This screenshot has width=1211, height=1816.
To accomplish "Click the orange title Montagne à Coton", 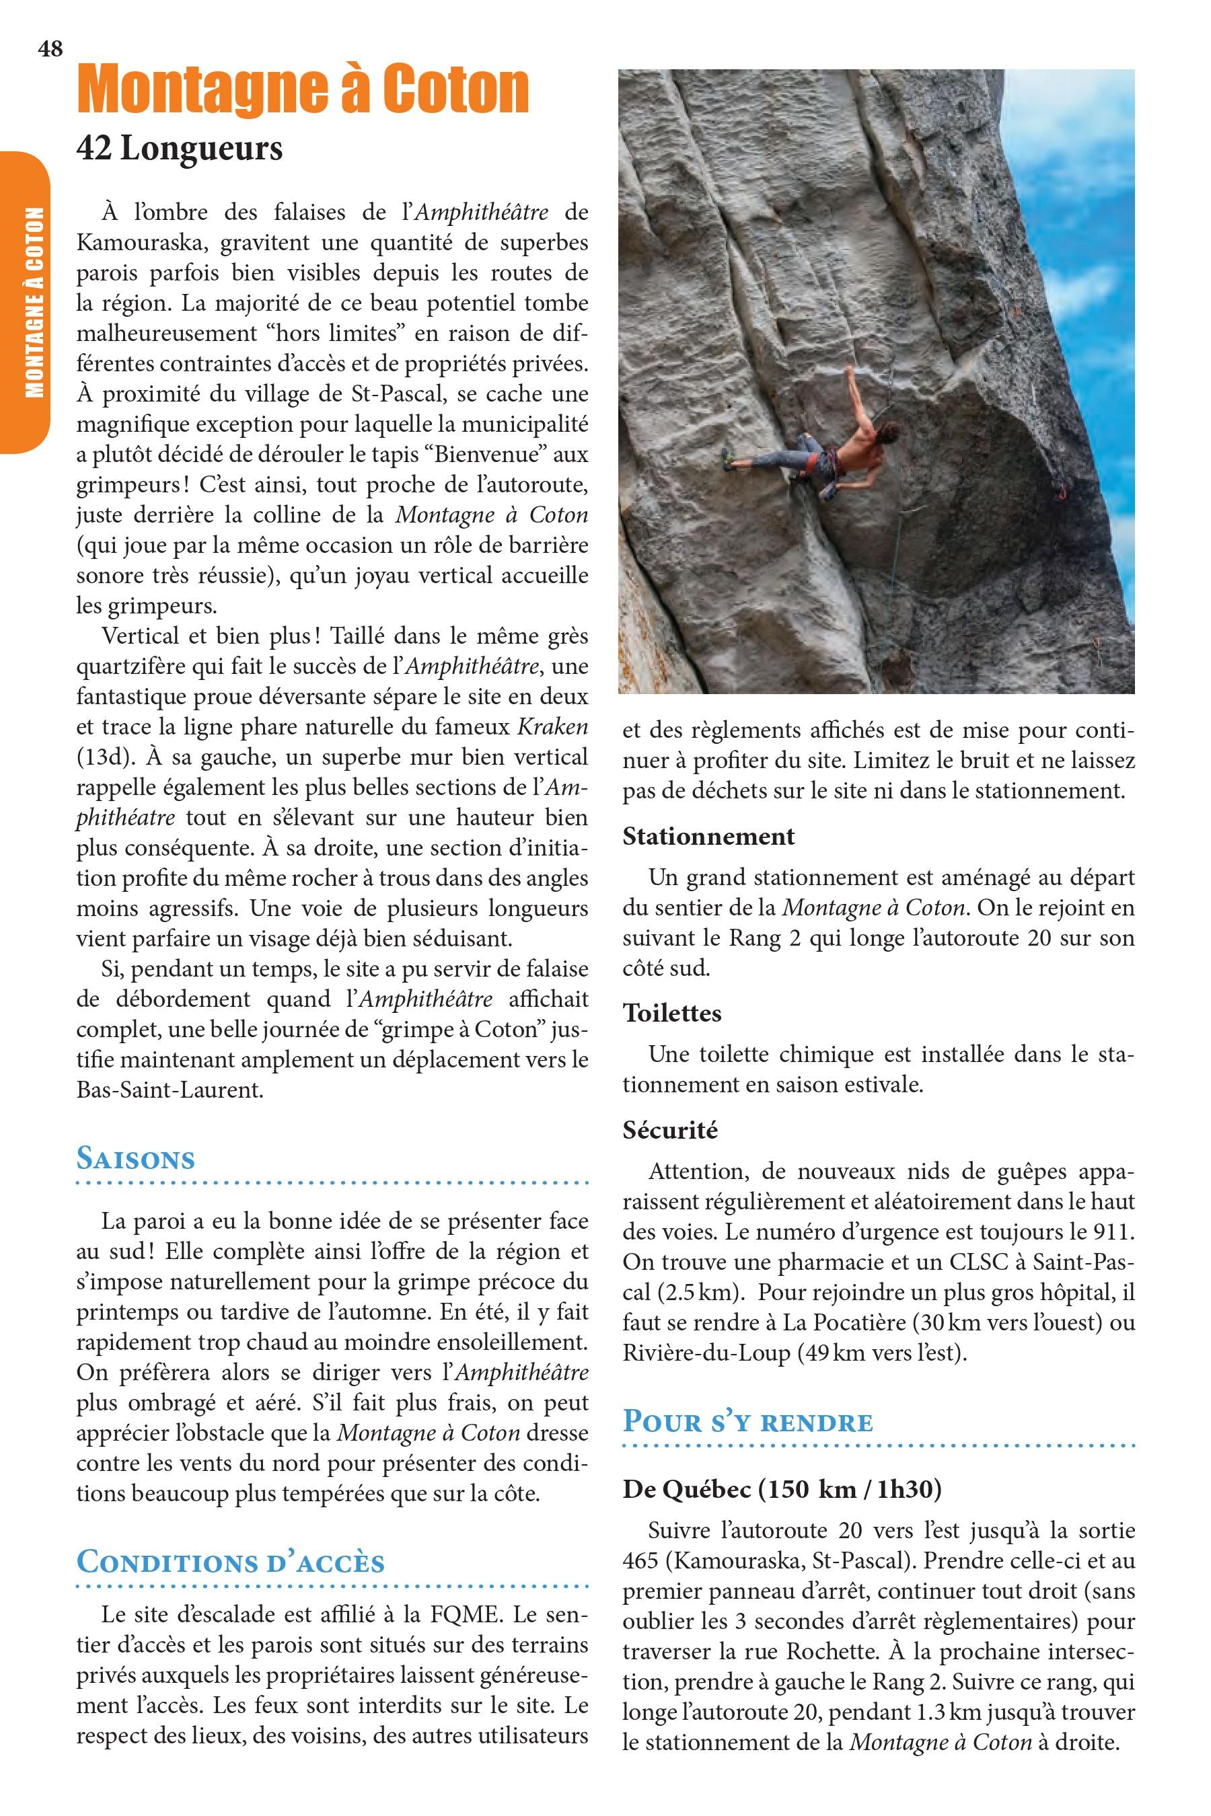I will click(303, 91).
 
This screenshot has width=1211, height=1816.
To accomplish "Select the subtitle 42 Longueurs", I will click(179, 147).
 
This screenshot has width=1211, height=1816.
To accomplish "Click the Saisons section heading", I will click(136, 1159).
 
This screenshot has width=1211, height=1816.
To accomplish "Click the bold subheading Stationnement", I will click(708, 836).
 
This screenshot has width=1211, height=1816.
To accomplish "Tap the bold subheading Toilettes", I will click(672, 1013).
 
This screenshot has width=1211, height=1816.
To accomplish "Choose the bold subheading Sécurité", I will click(670, 1131).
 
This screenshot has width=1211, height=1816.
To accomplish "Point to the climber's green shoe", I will click(726, 457).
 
